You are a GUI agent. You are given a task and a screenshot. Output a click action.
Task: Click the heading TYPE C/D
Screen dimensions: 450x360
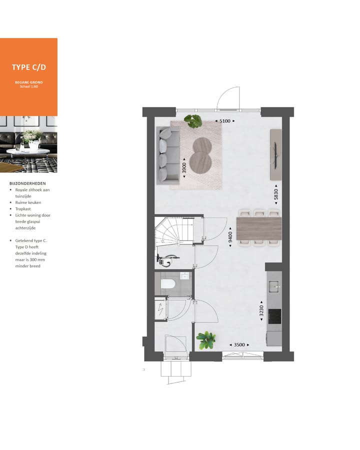28,67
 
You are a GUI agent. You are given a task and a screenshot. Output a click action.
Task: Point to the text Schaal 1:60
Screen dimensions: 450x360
28,86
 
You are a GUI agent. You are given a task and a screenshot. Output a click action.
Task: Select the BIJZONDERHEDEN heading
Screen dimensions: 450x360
27,183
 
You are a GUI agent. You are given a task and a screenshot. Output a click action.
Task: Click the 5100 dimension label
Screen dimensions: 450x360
224,121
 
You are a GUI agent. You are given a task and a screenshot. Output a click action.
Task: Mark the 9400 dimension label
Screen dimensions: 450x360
230,236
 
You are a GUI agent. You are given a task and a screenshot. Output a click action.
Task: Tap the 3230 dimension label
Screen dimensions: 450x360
261,312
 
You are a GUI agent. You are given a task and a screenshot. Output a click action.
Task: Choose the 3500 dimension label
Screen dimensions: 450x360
239,344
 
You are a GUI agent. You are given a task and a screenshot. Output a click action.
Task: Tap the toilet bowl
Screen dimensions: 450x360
167,286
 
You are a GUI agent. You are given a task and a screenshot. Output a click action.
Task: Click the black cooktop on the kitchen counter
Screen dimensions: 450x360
274,316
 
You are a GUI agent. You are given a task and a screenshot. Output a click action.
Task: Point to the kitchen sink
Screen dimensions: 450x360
274,286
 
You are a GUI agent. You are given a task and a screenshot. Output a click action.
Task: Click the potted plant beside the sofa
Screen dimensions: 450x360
192,120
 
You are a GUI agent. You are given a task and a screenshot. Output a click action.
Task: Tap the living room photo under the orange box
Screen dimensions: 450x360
28,144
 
